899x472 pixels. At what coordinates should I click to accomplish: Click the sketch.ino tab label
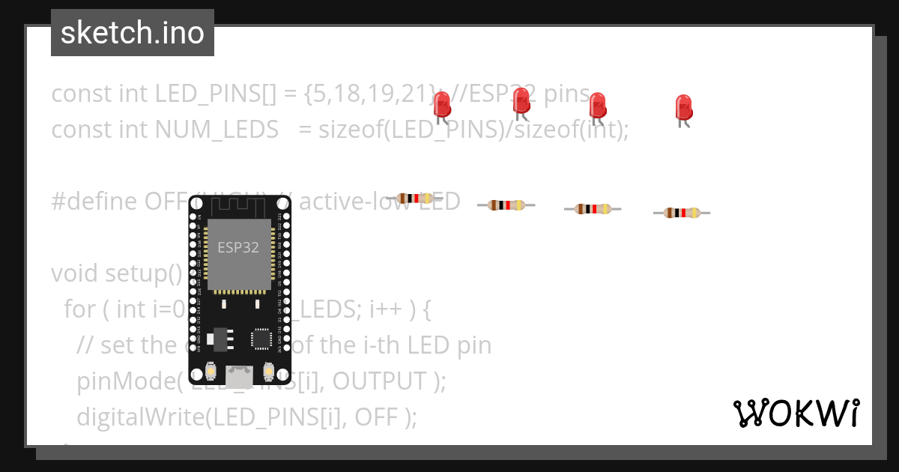click(132, 33)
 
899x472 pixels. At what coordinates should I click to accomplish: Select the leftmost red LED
click(442, 105)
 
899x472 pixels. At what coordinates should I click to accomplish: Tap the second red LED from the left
click(521, 101)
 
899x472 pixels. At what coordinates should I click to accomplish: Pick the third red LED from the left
click(597, 106)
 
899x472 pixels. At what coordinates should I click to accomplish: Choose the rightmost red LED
click(682, 108)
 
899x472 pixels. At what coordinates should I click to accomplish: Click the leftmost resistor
click(414, 198)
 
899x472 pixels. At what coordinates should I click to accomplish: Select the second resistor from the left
click(506, 205)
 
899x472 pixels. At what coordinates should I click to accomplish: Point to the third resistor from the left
click(593, 209)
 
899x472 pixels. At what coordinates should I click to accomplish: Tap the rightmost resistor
click(681, 213)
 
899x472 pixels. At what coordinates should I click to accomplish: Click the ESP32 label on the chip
click(238, 247)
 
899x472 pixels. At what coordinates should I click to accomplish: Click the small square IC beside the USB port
click(261, 338)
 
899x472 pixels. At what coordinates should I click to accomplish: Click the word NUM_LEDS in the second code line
click(217, 130)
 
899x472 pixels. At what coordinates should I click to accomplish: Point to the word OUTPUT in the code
click(381, 381)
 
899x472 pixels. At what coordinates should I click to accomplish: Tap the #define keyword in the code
click(85, 202)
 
